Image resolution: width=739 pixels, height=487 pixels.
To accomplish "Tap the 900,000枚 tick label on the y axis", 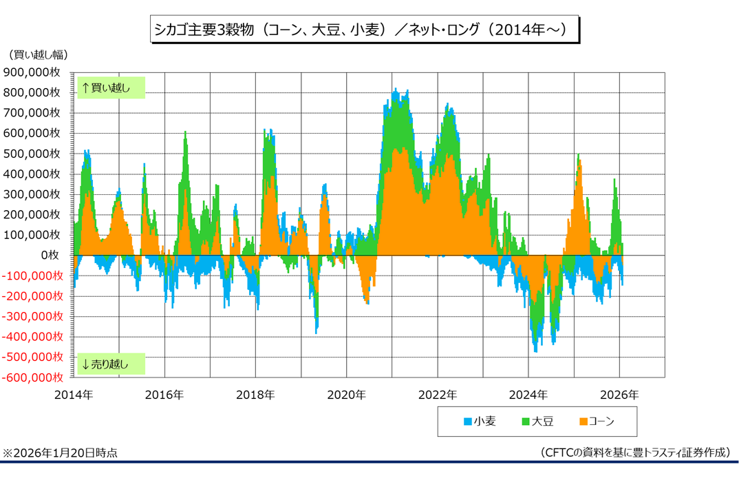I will pos(34,72).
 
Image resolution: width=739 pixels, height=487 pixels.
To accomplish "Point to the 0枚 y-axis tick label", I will pos(52,256).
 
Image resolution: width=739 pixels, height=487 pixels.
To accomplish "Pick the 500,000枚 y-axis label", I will pos(34,154).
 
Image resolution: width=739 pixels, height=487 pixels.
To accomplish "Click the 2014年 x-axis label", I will pos(73,395).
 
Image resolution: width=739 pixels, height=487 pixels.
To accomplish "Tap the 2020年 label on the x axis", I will pos(346,395).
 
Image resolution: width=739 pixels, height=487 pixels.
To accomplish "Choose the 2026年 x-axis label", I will pos(619,395).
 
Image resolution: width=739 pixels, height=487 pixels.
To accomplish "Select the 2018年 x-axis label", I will pos(255,395).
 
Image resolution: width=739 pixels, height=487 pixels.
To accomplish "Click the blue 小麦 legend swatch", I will pos(467,421).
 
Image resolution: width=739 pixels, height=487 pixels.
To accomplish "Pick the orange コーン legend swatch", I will pos(583,421).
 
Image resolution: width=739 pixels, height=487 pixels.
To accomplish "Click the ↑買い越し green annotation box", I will pos(111,88).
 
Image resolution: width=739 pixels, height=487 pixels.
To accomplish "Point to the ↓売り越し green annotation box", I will pos(111,364).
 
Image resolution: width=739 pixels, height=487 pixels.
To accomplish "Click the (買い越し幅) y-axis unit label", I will pos(38,54).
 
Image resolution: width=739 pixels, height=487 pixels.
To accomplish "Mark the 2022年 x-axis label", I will pos(437,395).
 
